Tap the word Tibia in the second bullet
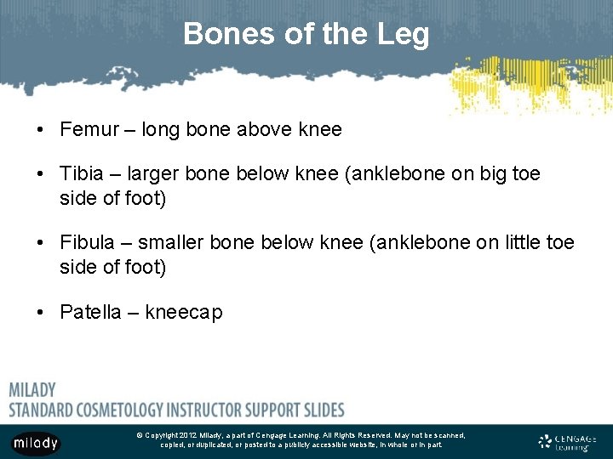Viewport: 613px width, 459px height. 82,174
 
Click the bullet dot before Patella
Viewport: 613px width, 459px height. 40,312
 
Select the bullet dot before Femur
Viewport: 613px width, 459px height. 40,130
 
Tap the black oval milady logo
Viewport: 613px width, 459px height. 36,443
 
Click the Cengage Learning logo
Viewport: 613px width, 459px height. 567,442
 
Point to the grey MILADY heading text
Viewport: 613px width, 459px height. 32,390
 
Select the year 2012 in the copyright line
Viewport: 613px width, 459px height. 187,435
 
